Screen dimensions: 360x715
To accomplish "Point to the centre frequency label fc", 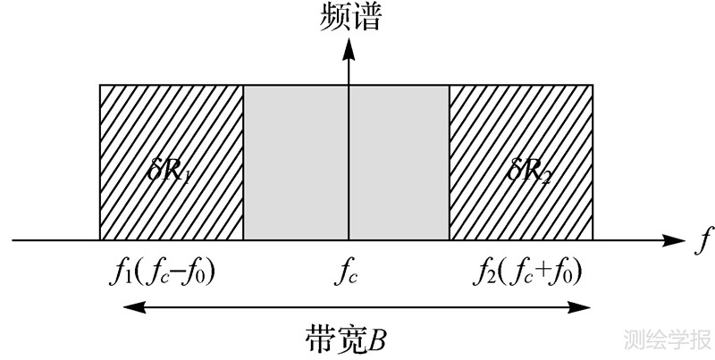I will point(349,272).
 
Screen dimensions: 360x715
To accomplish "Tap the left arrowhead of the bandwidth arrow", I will point(129,306).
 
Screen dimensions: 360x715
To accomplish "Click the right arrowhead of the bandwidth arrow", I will point(585,306).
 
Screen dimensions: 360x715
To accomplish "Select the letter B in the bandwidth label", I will point(379,339).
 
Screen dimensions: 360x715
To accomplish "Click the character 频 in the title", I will point(332,17).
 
